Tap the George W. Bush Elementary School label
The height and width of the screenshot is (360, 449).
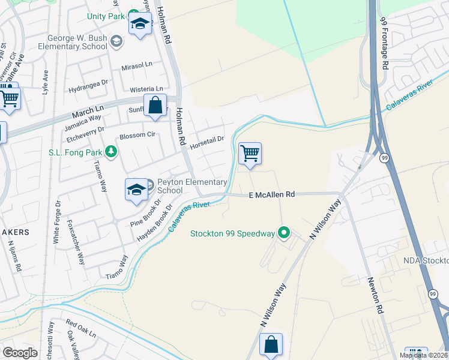(72, 41)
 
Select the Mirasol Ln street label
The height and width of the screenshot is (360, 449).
(137, 65)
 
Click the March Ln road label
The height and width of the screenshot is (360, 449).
(87, 112)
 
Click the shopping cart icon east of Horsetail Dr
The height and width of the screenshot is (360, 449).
(250, 154)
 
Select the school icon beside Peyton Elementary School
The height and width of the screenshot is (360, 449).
(136, 190)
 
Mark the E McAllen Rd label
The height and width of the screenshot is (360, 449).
(273, 194)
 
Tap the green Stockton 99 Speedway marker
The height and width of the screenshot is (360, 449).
(284, 233)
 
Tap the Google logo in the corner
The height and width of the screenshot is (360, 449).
(20, 353)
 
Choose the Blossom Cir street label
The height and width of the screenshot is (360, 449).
(137, 136)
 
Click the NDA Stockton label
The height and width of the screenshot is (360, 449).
(426, 261)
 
